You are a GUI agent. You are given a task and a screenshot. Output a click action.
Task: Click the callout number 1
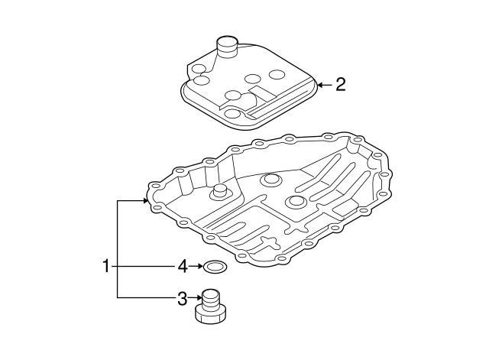pos(106,266)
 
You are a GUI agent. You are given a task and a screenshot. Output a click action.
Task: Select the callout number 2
pos(341,84)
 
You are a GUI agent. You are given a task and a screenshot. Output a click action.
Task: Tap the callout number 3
pos(182,299)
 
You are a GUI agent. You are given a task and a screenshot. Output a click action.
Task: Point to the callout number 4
pos(183,266)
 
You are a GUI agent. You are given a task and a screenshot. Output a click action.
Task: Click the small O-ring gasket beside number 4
pos(215,267)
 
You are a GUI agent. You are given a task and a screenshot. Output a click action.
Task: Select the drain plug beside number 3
pos(211,306)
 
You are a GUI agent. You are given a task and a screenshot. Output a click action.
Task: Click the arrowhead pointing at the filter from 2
pos(320,85)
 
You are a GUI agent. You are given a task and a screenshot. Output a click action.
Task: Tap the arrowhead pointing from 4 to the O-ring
pos(200,266)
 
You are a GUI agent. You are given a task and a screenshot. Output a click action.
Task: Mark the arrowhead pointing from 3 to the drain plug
pos(199,298)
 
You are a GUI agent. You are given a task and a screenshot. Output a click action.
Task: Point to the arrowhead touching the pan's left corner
pos(145,200)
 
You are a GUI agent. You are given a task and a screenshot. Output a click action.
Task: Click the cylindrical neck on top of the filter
pos(227,47)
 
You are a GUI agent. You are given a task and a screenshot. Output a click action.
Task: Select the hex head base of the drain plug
pos(211,314)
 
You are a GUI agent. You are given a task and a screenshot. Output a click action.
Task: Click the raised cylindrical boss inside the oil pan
pos(219,190)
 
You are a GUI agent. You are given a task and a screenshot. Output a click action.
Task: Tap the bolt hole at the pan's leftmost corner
pos(154,186)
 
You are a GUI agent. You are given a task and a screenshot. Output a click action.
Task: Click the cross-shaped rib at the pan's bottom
pos(269,242)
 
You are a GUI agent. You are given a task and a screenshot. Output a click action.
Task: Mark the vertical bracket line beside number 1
pos(117,249)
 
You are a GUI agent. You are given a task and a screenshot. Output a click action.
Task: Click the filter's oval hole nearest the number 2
pos(277,75)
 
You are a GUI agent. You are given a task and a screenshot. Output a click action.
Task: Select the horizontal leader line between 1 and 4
pos(144,267)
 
